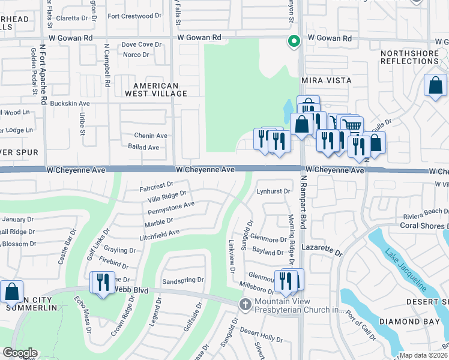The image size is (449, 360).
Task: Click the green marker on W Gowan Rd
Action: (294, 41)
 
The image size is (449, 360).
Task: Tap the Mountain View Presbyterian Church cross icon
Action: (244, 304)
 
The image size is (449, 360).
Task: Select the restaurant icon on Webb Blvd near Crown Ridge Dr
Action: (101, 283)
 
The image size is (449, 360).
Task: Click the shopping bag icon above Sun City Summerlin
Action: (11, 292)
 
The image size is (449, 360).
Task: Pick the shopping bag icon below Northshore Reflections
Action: (435, 86)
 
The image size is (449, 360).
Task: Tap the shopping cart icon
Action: (352, 126)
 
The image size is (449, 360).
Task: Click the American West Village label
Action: (155, 89)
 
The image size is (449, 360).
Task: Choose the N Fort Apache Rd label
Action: (43, 73)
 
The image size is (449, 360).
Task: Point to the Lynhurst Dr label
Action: (274, 191)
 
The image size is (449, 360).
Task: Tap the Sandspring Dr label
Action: (183, 280)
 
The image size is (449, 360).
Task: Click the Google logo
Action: (20, 353)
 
